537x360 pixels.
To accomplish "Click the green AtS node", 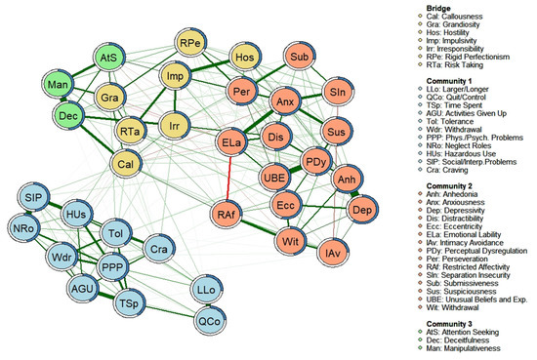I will click(112, 60).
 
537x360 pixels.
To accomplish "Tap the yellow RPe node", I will click(189, 46).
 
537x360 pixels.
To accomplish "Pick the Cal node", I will click(128, 164).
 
